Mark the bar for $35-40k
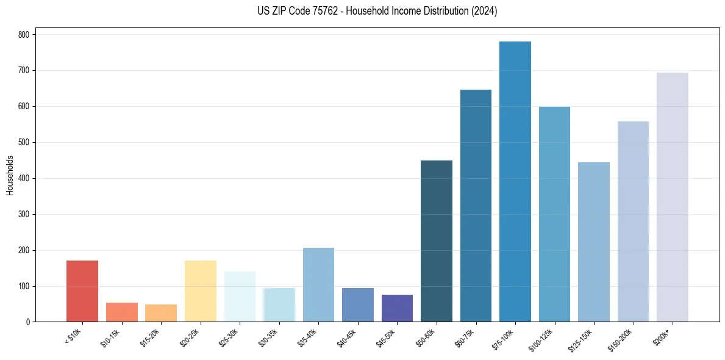click(318, 284)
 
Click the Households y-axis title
click(10, 175)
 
